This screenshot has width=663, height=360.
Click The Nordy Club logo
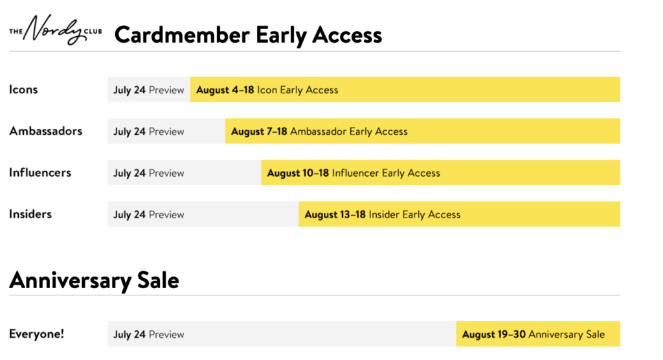[x=56, y=30]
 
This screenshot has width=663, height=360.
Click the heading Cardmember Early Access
[x=248, y=35]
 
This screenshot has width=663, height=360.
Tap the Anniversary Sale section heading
[x=95, y=280]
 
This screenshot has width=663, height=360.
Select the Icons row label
[x=24, y=90]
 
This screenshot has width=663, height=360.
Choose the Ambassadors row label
[x=46, y=131]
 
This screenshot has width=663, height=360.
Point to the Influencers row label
[x=40, y=173]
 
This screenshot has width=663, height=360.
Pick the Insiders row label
[x=30, y=214]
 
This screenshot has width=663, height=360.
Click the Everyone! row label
[x=37, y=333]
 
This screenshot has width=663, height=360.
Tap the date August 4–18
[x=225, y=90]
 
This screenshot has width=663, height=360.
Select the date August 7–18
[x=259, y=131]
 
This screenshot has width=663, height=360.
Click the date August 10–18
[x=298, y=173]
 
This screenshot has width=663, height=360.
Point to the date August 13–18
[x=335, y=214]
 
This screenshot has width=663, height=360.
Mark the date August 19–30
[x=494, y=334]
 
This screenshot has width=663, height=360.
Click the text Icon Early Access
[x=298, y=90]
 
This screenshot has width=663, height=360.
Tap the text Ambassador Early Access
[x=349, y=131]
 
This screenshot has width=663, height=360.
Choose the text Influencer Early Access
[x=386, y=173]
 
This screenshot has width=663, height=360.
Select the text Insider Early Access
[x=414, y=214]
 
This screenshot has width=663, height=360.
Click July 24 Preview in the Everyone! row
[x=148, y=334]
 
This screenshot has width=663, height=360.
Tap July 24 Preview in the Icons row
[x=148, y=90]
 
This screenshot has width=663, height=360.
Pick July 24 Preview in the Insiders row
[x=148, y=214]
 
